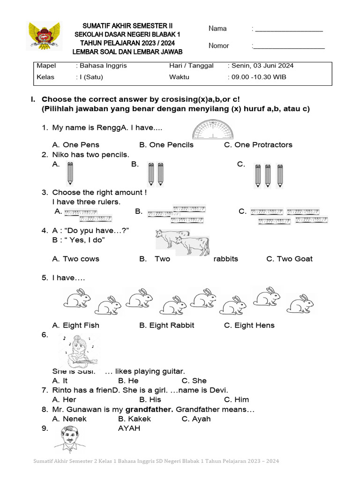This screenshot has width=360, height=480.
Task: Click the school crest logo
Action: tap(44, 36)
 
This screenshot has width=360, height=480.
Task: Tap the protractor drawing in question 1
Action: tap(213, 129)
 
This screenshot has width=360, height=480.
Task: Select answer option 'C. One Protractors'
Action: tap(258, 145)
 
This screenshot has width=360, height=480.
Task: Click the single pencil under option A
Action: tap(70, 174)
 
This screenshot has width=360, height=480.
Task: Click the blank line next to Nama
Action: tap(289, 31)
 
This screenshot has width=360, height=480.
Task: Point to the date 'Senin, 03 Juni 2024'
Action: tap(262, 66)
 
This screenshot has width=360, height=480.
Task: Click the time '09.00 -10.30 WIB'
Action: tap(259, 77)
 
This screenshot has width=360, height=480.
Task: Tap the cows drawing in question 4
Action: tap(182, 242)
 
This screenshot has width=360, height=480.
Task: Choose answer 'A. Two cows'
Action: tap(75, 259)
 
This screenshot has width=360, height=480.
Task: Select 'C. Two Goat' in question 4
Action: tap(289, 259)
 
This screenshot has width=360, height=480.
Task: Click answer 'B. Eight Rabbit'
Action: tap(166, 325)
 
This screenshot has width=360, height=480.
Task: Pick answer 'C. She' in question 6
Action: tap(194, 381)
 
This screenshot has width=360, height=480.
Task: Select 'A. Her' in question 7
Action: tap(64, 400)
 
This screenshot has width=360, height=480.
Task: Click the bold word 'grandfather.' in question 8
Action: tap(150, 410)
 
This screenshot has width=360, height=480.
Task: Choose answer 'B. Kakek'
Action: tap(135, 419)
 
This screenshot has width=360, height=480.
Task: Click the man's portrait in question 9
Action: tap(70, 439)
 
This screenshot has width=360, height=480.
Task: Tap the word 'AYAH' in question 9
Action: tap(129, 428)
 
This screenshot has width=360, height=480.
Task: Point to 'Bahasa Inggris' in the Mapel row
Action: tap(103, 66)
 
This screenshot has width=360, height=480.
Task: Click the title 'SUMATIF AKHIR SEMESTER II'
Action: tap(127, 26)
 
